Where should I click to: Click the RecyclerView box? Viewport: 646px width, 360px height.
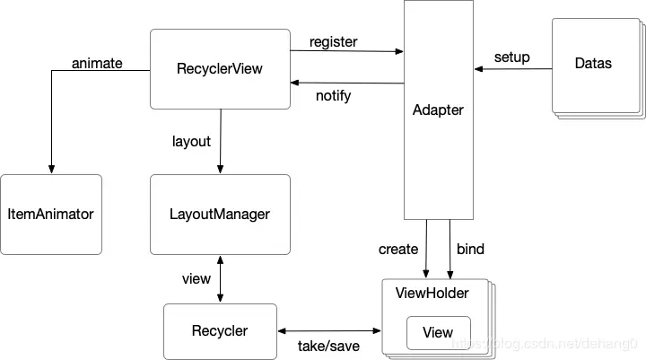220,69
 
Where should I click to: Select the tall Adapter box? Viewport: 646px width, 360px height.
438,110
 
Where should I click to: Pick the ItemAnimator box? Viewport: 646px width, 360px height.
50,214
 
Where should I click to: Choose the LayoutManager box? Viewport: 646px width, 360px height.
220,214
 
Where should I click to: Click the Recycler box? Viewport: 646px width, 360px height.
220,331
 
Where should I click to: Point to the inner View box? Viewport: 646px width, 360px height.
438,333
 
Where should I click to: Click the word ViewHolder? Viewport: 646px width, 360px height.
432,293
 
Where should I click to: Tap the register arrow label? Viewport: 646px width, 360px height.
333,41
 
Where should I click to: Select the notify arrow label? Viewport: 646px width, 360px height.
333,95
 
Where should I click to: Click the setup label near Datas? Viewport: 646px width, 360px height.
511,57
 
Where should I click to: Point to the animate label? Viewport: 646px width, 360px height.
97,63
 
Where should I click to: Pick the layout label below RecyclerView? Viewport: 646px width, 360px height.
191,141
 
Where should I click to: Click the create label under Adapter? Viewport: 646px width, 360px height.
397,248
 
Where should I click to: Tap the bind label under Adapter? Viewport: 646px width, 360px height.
470,248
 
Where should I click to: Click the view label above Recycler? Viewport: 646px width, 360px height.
196,279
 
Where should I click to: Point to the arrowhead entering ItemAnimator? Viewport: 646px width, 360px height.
51,170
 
